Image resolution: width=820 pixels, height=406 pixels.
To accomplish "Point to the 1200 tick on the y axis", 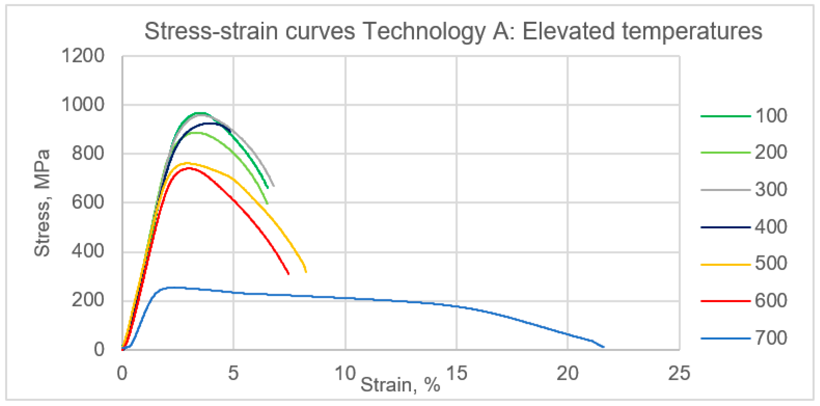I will [x=83, y=56].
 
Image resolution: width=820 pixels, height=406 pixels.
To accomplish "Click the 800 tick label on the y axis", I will [x=88, y=154].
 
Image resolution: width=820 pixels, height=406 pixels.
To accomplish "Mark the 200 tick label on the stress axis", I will [x=88, y=300].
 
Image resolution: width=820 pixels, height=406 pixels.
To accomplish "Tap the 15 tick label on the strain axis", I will [x=457, y=373].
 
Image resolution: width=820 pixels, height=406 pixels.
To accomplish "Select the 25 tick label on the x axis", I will [x=679, y=373].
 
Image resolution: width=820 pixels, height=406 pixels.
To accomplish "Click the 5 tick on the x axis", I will [x=233, y=373].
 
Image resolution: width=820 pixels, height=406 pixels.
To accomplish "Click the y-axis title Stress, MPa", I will [x=42, y=203].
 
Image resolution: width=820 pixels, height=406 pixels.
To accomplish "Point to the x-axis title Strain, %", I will [x=400, y=385].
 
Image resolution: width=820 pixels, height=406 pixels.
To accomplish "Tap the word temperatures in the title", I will [x=692, y=32].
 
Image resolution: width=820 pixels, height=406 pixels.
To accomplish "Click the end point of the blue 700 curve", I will [x=604, y=347].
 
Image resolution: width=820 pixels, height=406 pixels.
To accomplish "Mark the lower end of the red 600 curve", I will [x=288, y=274].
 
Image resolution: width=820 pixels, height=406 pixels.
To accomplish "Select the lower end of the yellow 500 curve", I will [x=306, y=272].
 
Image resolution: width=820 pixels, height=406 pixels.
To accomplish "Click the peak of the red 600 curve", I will [x=189, y=168].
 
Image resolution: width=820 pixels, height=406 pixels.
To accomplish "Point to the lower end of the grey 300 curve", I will [x=274, y=186].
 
